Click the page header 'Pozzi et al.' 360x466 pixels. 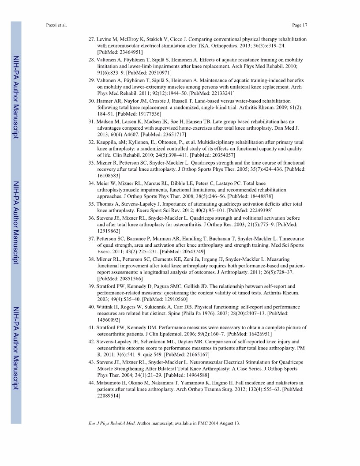pyautogui.click(x=56, y=25)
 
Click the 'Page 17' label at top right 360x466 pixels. pyautogui.click(x=299, y=25)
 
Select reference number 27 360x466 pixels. pyautogui.click(x=91, y=39)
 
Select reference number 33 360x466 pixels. pyautogui.click(x=91, y=163)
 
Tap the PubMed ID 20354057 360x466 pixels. pyautogui.click(x=209, y=155)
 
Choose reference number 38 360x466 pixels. pyautogui.click(x=91, y=259)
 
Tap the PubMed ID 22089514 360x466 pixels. pyautogui.click(x=109, y=395)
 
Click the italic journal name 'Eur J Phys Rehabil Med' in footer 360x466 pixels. pyautogui.click(x=112, y=424)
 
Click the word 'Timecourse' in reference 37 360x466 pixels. pyautogui.click(x=290, y=239)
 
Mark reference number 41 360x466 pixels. pyautogui.click(x=91, y=327)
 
